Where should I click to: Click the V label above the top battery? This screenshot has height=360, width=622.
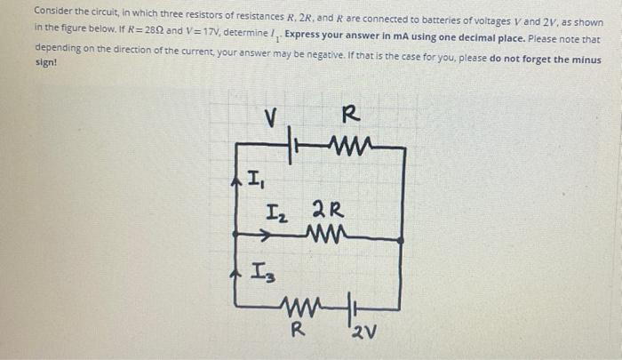tap(273, 117)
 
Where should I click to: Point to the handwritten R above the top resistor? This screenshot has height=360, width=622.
tap(350, 114)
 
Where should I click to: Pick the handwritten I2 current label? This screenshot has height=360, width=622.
tap(277, 213)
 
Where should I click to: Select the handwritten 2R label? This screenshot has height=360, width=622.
tap(323, 212)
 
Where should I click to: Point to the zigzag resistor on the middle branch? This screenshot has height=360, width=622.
tap(326, 237)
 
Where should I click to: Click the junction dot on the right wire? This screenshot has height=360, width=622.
tap(401, 239)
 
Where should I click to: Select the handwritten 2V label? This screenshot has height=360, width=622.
tap(362, 336)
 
